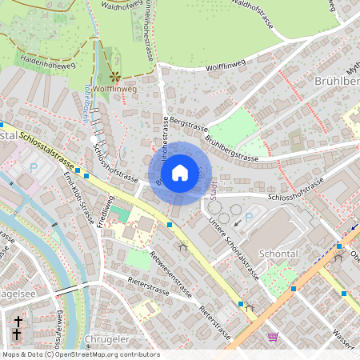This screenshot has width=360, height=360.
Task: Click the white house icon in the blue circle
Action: click(180, 173)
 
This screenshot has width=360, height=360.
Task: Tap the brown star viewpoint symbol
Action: click(115, 77)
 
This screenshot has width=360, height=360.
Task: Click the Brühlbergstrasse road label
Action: click(231, 149)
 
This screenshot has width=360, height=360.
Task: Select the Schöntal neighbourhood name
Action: click(278, 253)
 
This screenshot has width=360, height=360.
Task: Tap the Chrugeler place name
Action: click(106, 340)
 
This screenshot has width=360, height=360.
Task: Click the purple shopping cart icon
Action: click(273, 338)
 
